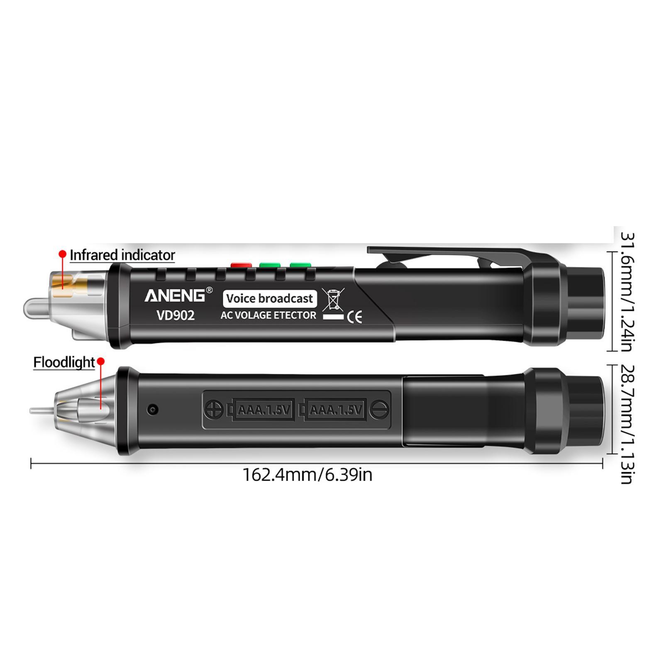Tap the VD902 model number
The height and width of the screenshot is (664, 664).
click(176, 315)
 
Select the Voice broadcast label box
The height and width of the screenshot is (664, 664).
click(270, 298)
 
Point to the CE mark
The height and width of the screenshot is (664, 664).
click(354, 317)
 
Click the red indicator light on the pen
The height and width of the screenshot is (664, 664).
click(241, 265)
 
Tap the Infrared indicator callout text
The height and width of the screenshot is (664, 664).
click(122, 255)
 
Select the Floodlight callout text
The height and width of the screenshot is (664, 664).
click(64, 362)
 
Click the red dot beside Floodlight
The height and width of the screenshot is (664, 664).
click(100, 362)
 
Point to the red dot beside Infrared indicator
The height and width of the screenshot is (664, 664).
click(63, 254)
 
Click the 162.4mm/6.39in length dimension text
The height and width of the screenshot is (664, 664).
click(308, 475)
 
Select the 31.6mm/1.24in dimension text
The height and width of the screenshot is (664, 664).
click(627, 291)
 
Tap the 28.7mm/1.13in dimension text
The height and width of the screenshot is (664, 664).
click(627, 424)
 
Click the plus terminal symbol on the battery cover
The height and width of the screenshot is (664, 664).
click(214, 410)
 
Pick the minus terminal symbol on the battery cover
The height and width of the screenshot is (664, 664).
click(379, 410)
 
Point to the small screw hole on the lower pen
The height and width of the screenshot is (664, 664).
click(153, 410)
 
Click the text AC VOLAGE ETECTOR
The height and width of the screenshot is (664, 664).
click(268, 315)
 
